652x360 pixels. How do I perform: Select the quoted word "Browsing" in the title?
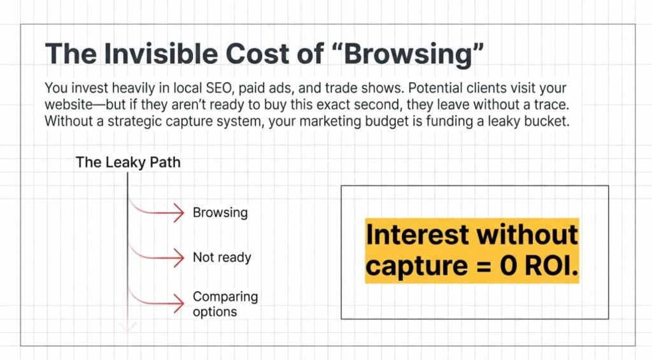(395, 54)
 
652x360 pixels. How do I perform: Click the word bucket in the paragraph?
(547, 120)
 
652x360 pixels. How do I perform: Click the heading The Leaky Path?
(128, 162)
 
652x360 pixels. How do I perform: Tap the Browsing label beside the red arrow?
(220, 212)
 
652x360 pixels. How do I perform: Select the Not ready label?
(222, 257)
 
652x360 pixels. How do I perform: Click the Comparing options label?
(225, 304)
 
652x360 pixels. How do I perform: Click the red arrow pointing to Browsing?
(159, 213)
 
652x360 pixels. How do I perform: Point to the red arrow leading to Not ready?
(159, 257)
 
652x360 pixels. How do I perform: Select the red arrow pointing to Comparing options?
(159, 301)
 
